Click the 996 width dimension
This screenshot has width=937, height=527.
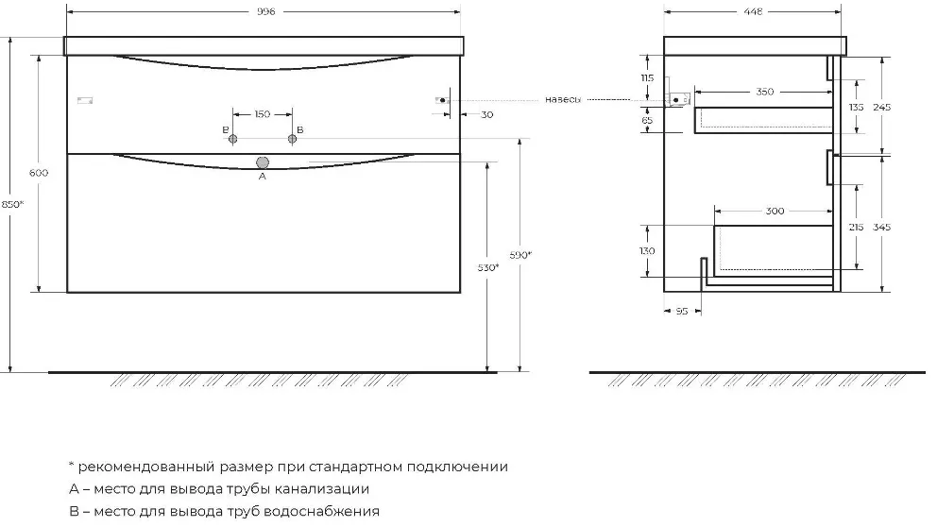tap(266, 12)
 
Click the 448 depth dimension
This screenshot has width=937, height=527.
tap(754, 12)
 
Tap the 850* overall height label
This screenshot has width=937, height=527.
tap(12, 204)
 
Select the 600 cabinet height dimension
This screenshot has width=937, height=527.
tap(39, 173)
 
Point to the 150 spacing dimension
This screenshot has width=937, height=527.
tap(263, 114)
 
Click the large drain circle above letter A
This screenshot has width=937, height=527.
tap(263, 162)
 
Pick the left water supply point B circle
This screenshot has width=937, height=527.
tap(233, 139)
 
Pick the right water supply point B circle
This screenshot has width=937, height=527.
tap(292, 139)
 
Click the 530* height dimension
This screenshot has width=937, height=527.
tap(488, 267)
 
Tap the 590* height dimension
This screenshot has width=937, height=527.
tap(520, 255)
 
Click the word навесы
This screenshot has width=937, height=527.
tap(562, 100)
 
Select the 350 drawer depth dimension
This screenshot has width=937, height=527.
tap(765, 92)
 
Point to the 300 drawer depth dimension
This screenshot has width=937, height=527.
tap(775, 211)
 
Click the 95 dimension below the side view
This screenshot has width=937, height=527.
tap(682, 312)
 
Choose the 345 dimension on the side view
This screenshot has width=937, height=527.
tap(881, 227)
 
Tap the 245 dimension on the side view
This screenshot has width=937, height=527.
tap(881, 108)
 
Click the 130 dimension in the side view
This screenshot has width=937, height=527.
tap(647, 251)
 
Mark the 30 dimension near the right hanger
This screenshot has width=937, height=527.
tap(487, 114)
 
